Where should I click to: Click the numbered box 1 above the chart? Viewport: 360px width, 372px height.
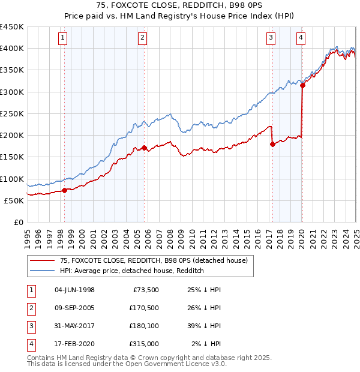63,38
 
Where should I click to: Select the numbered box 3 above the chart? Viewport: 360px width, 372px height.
271,38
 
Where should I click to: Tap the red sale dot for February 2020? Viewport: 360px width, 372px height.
302,85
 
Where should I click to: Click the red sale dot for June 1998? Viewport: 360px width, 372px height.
65,190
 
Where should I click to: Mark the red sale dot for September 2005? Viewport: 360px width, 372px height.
144,148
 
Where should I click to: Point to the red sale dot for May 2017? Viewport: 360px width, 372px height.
272,144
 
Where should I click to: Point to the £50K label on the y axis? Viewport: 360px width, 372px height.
14,200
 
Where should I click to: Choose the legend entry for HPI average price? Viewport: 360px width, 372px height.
132,271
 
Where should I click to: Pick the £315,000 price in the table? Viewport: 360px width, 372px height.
143,344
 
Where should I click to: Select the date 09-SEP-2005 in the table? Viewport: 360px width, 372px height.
74,308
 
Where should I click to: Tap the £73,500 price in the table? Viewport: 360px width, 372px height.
144,290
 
